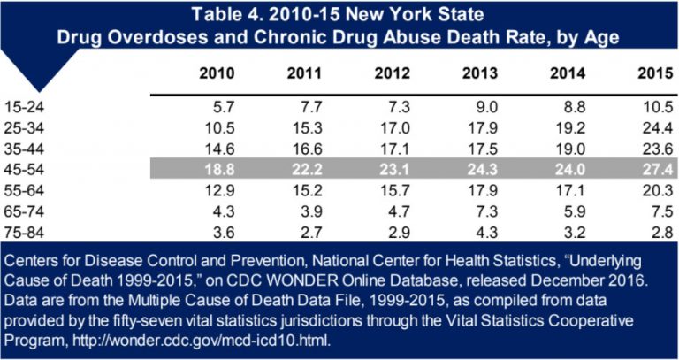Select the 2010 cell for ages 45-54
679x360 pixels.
pos(219,165)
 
